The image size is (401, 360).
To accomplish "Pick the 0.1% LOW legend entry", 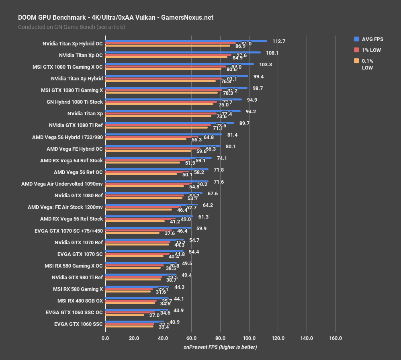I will coord(367,64).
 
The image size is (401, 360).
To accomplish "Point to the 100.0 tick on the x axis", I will coord(249,338).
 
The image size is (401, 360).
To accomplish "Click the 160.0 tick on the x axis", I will coord(336,338).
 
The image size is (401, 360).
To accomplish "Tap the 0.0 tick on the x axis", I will coord(105,338).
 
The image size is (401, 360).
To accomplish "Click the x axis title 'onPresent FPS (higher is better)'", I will coord(220,347).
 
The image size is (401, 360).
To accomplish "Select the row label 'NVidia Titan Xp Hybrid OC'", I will coord(72,44).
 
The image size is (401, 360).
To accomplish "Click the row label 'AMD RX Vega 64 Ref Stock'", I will coord(72,160).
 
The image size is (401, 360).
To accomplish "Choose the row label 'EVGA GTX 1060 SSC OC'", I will coord(74,312).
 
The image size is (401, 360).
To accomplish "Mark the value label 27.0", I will coord(155,316).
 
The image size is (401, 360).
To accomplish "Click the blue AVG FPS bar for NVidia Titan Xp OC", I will coord(183,52).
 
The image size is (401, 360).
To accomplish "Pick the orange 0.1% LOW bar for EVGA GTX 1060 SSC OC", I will coord(125,315).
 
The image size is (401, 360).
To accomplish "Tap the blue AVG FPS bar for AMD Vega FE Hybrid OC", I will coord(163,146).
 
